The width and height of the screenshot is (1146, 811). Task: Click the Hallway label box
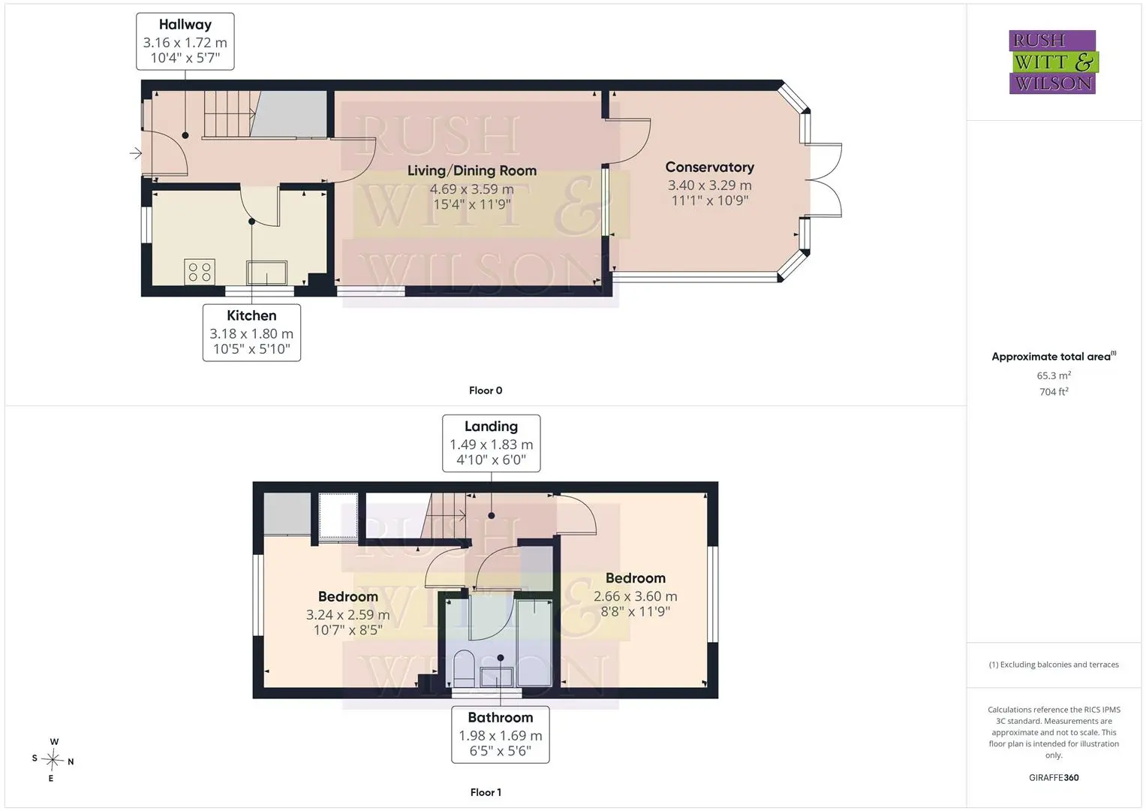coord(185,41)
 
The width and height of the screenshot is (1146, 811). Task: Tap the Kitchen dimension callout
coord(251,333)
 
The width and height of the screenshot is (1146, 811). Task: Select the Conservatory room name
coord(710,167)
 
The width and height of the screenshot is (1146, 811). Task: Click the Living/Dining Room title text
coord(472,170)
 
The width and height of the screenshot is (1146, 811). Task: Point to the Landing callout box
coord(491,443)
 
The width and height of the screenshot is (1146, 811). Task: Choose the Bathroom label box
coord(501,734)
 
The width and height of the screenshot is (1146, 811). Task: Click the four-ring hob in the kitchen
coord(200,272)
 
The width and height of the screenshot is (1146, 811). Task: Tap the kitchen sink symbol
coord(267,273)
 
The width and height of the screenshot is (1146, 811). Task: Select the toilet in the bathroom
coord(464,668)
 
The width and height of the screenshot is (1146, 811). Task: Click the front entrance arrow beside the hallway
coord(136,152)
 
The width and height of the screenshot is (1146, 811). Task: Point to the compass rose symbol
coord(53,760)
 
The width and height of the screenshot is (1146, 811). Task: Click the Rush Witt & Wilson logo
coord(1054,62)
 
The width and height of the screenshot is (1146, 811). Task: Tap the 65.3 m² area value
coord(1054,375)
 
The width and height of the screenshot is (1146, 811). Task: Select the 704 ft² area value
coord(1054,392)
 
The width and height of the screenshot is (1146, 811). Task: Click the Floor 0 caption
coord(486,390)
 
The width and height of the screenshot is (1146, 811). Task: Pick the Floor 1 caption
coord(486,792)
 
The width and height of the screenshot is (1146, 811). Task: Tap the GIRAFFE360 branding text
coord(1054,778)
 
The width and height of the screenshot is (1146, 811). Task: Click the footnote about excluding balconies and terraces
coord(1054,665)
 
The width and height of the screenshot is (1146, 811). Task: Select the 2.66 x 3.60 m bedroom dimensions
coord(636,596)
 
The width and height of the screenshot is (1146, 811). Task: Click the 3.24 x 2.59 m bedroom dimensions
coord(348,615)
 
